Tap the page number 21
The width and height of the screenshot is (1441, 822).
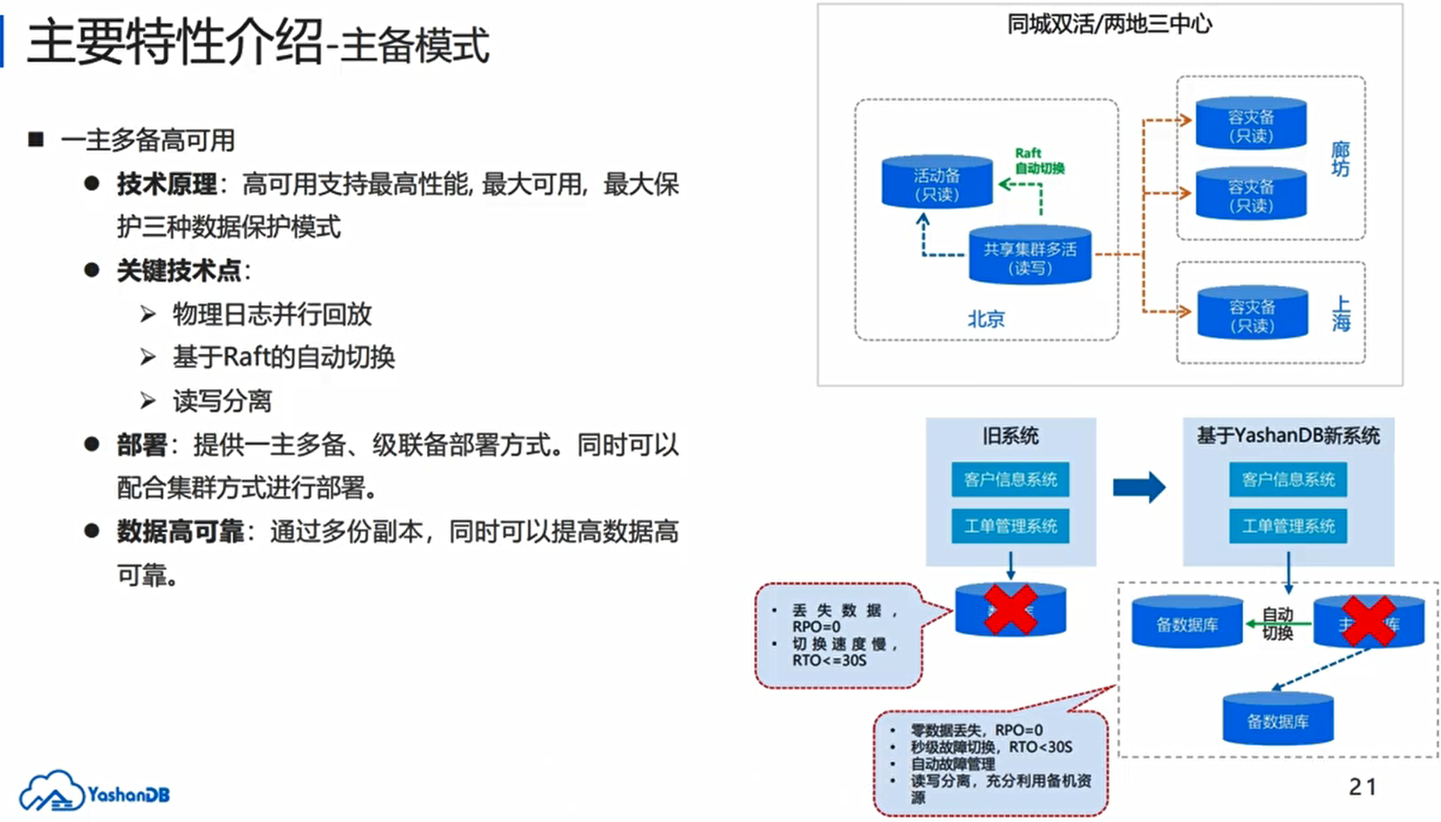[1363, 787]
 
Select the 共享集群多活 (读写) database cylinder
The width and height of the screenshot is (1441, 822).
[1030, 256]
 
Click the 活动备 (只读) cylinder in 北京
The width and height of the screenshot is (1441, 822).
[936, 183]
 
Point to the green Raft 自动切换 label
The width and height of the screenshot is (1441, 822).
[1039, 161]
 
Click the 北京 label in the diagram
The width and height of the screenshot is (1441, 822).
[986, 319]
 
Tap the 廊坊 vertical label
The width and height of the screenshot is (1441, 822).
[1340, 159]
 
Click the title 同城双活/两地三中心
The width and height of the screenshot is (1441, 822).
[1109, 25]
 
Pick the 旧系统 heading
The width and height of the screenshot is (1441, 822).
[1010, 436]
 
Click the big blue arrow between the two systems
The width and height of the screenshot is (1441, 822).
[1138, 487]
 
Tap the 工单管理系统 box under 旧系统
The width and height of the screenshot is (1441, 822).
[1010, 526]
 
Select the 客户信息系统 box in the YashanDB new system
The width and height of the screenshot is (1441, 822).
[1288, 480]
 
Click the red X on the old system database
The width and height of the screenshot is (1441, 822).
[1010, 610]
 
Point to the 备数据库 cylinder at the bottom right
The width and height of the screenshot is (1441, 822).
[1278, 720]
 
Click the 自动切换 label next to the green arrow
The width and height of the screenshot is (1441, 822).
[1277, 624]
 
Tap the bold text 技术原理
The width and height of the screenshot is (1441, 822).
[167, 185]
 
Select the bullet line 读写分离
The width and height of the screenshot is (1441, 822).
[222, 401]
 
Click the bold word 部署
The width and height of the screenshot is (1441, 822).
[142, 446]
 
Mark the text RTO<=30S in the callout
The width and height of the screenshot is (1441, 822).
[828, 661]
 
